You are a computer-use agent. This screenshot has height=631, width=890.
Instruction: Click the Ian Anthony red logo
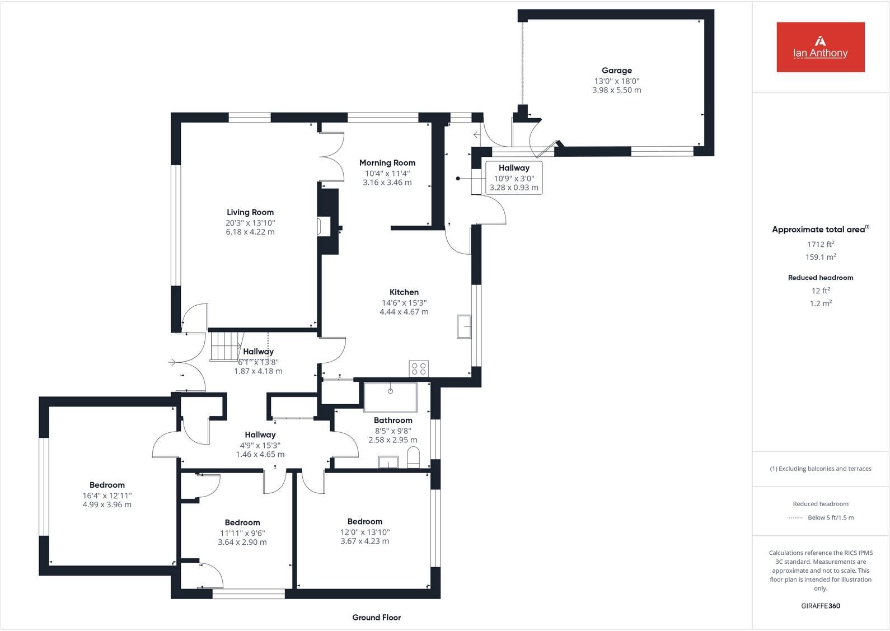click(820, 47)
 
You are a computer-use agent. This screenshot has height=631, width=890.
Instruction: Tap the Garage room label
click(616, 71)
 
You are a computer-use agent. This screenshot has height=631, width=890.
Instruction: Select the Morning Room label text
click(387, 163)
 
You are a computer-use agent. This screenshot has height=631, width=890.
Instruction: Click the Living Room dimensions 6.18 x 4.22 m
click(250, 232)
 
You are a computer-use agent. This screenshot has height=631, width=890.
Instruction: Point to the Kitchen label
click(404, 292)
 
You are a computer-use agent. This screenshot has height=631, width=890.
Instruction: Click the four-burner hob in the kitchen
click(419, 368)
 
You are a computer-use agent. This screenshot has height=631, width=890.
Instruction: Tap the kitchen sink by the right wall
click(464, 326)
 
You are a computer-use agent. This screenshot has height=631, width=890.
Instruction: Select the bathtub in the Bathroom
click(390, 397)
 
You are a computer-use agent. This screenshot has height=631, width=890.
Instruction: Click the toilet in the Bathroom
click(413, 460)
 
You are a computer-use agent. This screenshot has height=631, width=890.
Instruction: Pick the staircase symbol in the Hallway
click(225, 346)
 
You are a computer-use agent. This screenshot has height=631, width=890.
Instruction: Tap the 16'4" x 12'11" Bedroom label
click(107, 485)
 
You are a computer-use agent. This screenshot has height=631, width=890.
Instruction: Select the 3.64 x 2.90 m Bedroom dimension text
click(242, 543)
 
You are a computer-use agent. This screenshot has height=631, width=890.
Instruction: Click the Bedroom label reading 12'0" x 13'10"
click(364, 522)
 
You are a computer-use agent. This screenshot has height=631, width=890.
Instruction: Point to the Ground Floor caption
click(376, 618)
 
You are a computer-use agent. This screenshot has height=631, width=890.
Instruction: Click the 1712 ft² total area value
click(820, 244)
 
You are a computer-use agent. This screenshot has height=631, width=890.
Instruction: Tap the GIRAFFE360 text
click(820, 606)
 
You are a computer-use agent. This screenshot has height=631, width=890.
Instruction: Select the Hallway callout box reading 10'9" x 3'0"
click(513, 177)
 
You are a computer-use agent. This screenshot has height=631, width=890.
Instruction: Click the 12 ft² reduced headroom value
click(820, 291)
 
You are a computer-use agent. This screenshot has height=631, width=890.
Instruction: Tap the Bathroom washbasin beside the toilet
click(388, 462)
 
